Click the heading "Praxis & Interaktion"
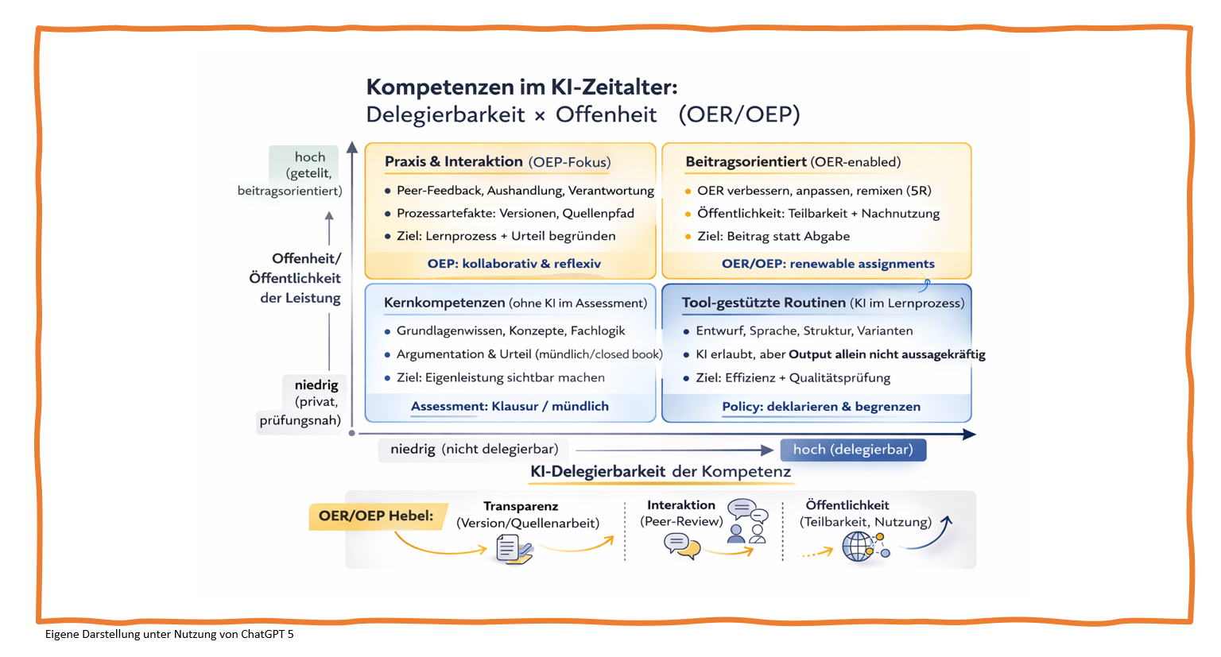click(x=454, y=162)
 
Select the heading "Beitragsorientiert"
click(x=746, y=162)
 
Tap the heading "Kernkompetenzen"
click(x=444, y=303)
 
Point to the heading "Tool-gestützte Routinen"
click(x=763, y=303)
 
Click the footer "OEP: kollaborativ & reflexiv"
click(x=514, y=264)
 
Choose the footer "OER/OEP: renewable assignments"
click(x=828, y=264)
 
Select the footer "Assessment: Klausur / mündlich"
click(x=510, y=406)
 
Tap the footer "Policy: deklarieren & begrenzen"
click(x=821, y=407)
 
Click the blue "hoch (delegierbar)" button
click(x=853, y=450)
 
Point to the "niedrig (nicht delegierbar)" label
click(x=474, y=450)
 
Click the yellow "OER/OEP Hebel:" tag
click(x=376, y=516)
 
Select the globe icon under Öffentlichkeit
click(x=858, y=547)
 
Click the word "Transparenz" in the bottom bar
click(x=521, y=506)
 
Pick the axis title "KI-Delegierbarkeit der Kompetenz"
click(x=661, y=472)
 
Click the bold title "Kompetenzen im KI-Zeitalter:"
click(x=521, y=87)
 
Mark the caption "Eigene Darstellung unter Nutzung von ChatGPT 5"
click(x=169, y=634)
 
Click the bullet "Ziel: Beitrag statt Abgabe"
click(x=773, y=236)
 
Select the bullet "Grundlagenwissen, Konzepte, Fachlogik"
click(x=510, y=330)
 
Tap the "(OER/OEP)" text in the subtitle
click(x=739, y=114)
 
